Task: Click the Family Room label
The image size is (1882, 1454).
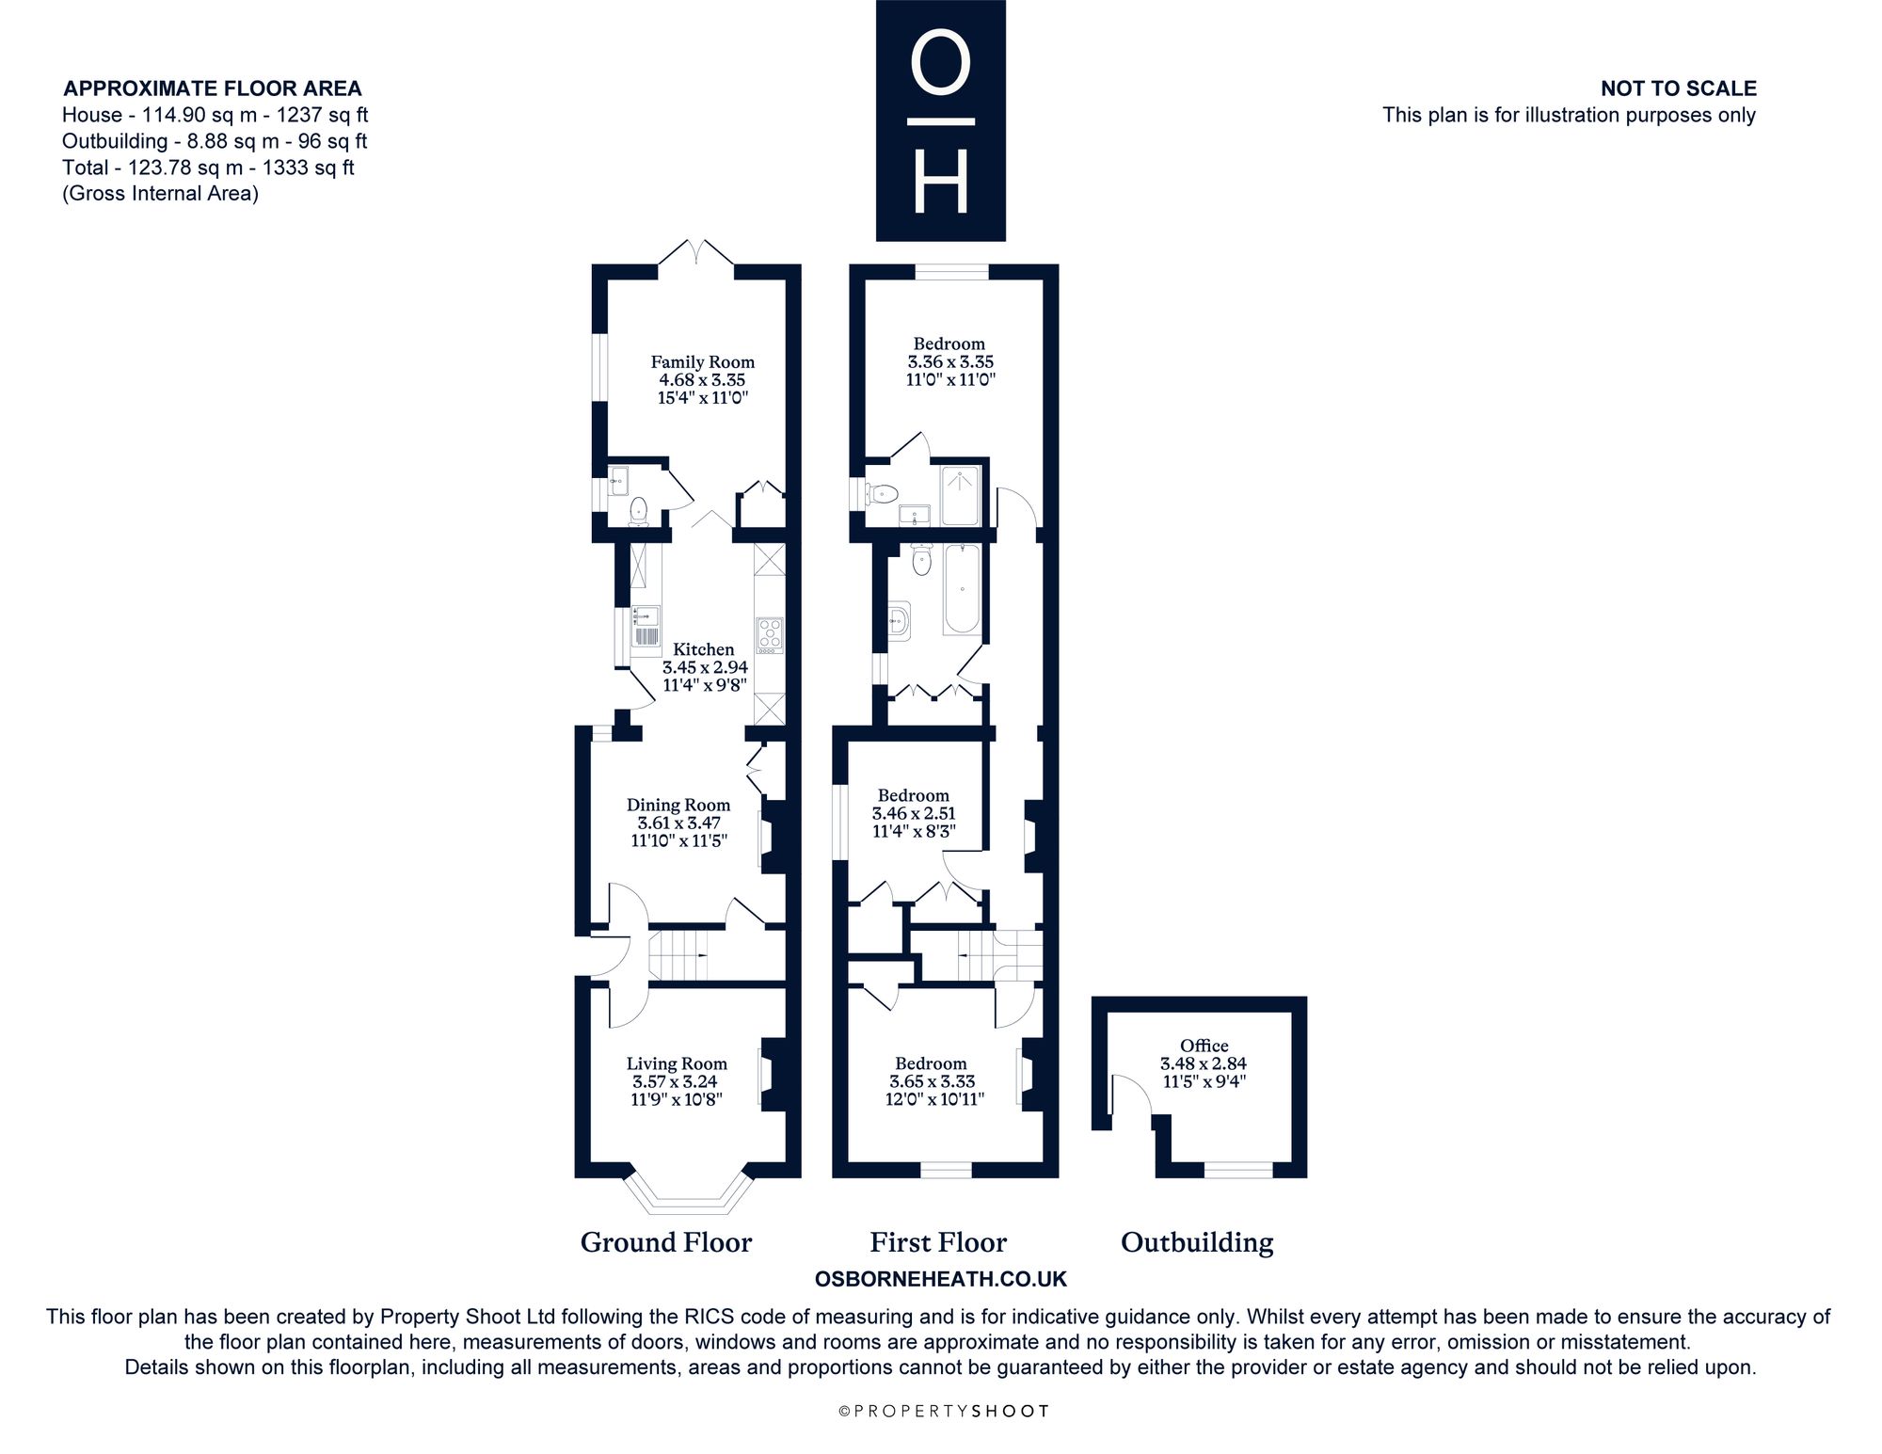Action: point(702,361)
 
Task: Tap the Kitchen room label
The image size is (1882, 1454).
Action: point(704,649)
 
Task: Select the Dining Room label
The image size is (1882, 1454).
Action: point(678,805)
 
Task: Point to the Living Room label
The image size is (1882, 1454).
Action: point(677,1063)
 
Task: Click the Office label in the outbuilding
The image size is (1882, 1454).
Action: point(1204,1046)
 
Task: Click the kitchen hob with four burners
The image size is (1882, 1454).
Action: point(770,635)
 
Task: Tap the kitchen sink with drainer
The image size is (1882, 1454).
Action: point(646,627)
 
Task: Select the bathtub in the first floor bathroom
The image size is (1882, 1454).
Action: point(962,589)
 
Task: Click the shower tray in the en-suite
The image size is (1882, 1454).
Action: point(959,494)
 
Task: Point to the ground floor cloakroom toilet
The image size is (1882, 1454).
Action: point(639,510)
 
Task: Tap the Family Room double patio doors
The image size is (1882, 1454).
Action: point(695,252)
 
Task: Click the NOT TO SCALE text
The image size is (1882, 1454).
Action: point(1679,88)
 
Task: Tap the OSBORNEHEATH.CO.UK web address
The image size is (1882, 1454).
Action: point(940,1279)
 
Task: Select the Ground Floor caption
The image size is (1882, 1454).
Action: point(666,1242)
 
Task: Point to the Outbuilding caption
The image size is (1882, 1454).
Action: point(1197,1242)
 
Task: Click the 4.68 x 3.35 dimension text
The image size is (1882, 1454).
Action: point(702,380)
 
